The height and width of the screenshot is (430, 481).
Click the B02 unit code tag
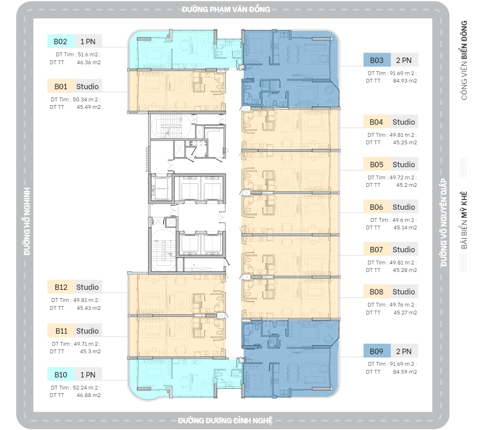61,41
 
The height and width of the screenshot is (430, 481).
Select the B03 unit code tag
377,60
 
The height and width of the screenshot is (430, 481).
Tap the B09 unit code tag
377,351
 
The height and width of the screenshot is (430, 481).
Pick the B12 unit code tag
61,287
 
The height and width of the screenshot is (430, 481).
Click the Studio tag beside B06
404,207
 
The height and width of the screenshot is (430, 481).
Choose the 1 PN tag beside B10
88,375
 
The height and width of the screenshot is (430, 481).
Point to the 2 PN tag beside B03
404,60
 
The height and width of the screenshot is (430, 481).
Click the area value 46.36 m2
89,62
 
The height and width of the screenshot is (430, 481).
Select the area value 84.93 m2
405,81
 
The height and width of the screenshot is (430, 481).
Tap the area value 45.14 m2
405,227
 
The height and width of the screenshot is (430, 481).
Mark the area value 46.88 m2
89,395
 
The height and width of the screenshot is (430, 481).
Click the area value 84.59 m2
405,372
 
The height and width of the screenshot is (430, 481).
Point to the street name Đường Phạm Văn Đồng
226,10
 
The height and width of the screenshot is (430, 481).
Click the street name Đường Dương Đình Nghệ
225,420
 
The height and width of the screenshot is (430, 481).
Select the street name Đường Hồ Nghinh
27,221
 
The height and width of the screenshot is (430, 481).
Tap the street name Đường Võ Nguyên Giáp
443,223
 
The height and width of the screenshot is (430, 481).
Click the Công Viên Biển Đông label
464,60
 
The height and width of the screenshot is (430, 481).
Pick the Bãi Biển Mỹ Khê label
464,220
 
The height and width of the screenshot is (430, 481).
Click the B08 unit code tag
377,292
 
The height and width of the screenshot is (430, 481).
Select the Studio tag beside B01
88,86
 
